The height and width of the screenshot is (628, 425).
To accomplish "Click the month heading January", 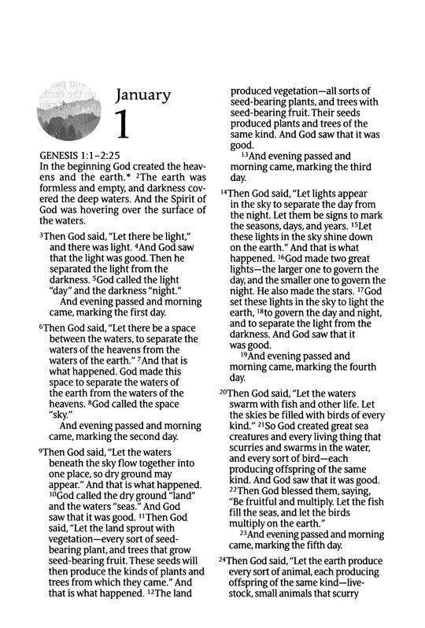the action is pos(143,96).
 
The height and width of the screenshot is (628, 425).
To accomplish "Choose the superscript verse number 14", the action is pos(224,191).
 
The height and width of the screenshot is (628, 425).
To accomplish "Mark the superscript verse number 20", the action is pos(224,391).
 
